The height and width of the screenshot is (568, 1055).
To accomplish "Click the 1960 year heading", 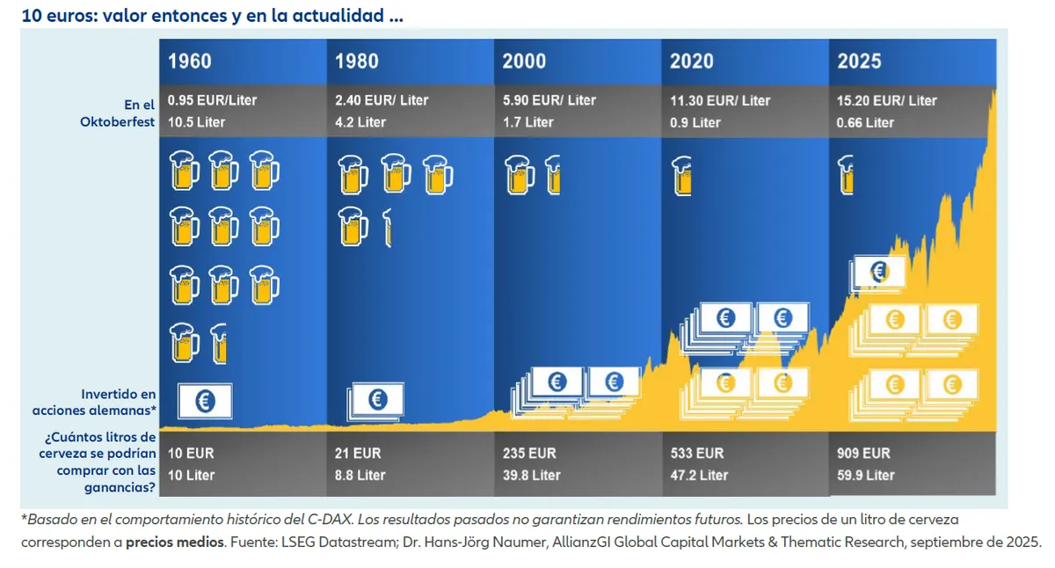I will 190,62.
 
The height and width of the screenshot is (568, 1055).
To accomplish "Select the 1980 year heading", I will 357,62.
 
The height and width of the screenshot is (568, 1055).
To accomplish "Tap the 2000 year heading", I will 524,62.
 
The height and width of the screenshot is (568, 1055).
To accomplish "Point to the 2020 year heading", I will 692,62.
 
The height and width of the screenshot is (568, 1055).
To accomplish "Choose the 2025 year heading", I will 859,62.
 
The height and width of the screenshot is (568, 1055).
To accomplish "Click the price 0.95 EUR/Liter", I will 212,100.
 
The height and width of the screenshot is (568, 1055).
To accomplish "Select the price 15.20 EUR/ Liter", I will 887,100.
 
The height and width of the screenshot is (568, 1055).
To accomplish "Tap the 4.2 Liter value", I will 360,122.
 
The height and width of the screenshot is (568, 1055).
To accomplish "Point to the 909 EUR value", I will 863,454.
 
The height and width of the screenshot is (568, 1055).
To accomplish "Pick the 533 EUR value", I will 696,454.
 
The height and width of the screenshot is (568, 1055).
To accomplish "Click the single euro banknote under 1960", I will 205,401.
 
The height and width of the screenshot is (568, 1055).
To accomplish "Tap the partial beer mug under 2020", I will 680,174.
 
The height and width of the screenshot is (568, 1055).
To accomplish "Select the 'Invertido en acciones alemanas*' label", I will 119,403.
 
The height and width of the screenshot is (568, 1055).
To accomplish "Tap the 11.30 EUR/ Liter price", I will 720,100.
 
